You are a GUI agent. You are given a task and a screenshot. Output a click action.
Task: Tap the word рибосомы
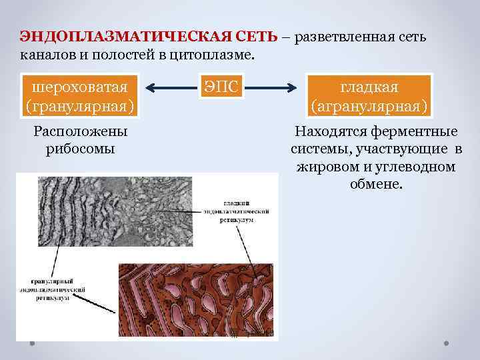click(81, 149)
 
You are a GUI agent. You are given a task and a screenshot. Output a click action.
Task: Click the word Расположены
click(80, 132)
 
